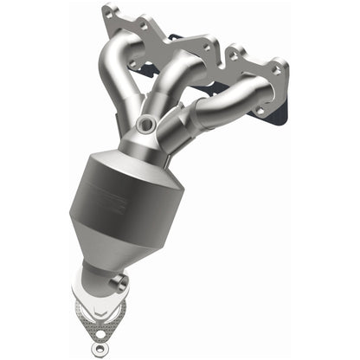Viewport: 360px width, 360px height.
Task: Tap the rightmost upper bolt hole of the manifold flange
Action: pyautogui.click(x=278, y=67)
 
